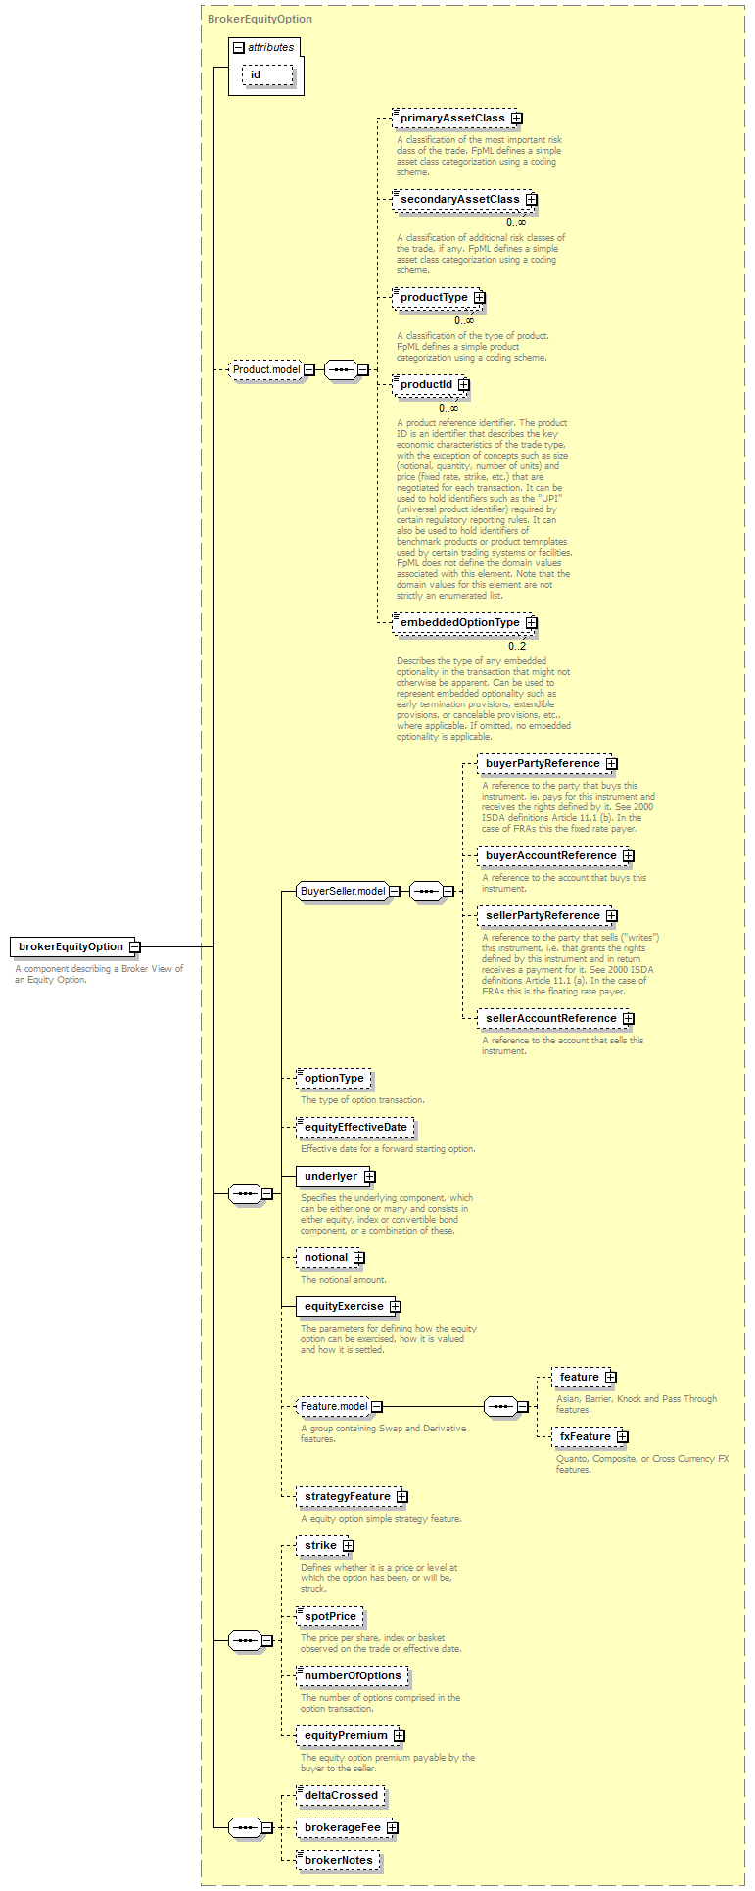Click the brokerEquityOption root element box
[71, 946]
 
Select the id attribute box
[267, 75]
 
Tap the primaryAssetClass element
[451, 119]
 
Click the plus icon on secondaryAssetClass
[531, 200]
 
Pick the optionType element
[334, 1079]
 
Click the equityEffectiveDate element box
[355, 1128]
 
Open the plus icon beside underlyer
[369, 1177]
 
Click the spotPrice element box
[330, 1617]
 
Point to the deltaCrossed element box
[341, 1796]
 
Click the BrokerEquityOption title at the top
[260, 19]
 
